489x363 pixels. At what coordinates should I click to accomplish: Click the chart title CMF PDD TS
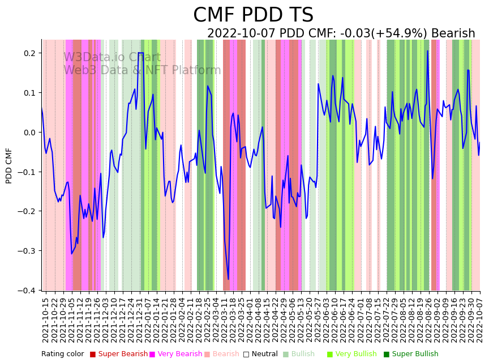(x=253, y=15)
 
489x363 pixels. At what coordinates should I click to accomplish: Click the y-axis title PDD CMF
(x=9, y=165)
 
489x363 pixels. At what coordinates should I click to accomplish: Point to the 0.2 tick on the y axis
(x=29, y=53)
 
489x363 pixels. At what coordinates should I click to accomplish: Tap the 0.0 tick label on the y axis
(x=29, y=133)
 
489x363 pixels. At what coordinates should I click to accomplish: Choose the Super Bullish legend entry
(x=411, y=354)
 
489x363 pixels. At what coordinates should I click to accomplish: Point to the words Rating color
(x=62, y=354)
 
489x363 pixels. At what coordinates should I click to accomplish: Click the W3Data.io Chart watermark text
(x=111, y=57)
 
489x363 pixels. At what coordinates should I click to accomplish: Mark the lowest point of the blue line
(x=229, y=279)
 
